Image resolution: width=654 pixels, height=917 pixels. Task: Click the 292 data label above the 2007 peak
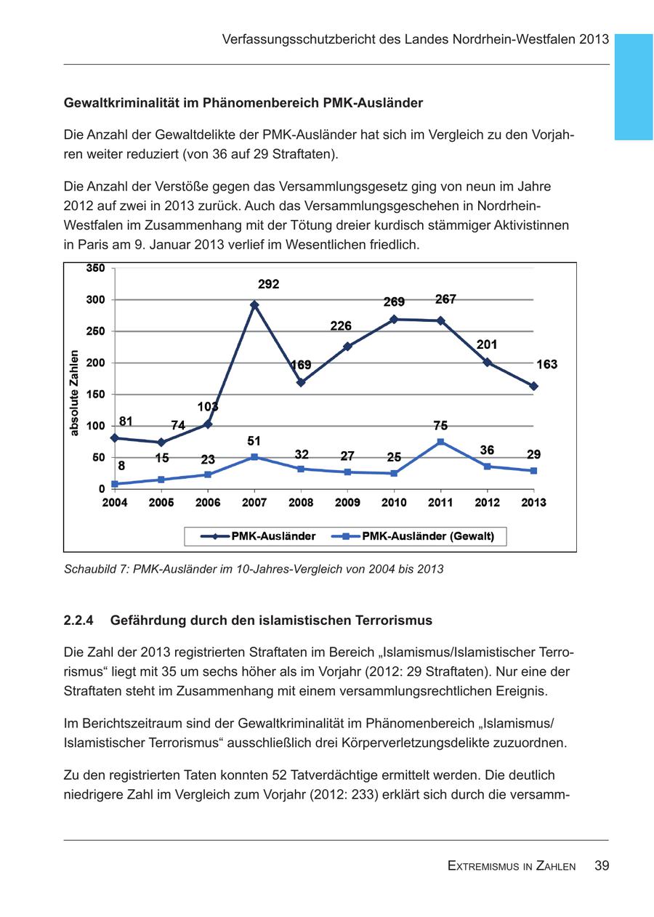point(268,284)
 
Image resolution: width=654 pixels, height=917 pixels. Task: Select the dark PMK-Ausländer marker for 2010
point(394,319)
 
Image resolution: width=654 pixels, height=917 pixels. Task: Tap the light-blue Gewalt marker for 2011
point(440,442)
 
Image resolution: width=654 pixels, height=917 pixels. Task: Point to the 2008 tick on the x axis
point(301,503)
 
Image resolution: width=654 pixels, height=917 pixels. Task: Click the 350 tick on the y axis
point(96,268)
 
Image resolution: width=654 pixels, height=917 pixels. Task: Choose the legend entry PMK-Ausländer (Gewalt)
point(427,536)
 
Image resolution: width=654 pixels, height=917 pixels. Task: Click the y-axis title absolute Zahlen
point(74,393)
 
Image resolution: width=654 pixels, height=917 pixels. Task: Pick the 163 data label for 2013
point(546,364)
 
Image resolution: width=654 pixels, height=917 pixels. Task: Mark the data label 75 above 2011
point(440,426)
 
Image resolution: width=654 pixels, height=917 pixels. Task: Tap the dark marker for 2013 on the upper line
point(533,386)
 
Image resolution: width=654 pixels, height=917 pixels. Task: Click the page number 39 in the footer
point(601,865)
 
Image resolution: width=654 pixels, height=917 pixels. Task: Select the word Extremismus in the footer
point(482,866)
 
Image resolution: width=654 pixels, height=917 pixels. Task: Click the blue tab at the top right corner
point(633,86)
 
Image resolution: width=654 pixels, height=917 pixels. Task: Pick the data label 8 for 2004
point(121,466)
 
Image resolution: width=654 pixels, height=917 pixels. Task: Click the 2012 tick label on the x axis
point(487,503)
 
